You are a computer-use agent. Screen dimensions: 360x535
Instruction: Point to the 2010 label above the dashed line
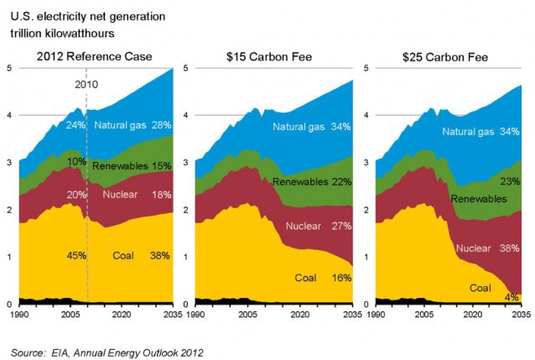click(x=86, y=85)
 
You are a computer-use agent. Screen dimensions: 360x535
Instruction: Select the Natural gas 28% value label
click(x=160, y=125)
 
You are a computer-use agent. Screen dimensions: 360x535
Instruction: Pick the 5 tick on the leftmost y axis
click(x=8, y=68)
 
